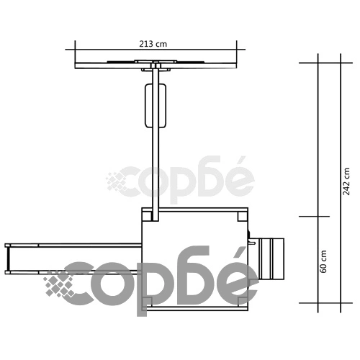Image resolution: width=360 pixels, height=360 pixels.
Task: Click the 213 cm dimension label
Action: point(153,44)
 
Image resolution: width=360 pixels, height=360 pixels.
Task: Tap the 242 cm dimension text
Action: point(346,181)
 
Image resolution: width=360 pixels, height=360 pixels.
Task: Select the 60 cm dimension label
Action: point(323,261)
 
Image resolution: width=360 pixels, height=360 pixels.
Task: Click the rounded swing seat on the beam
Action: point(156,106)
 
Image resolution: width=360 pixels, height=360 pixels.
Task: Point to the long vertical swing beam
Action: point(156,144)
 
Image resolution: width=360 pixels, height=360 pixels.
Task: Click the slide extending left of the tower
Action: point(73,258)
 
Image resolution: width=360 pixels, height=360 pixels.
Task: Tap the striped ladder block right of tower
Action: point(271,258)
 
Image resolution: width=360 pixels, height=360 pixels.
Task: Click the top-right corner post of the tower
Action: point(243,217)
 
